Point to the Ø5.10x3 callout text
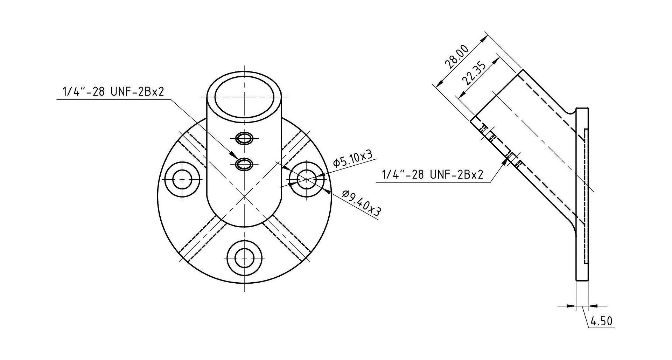click(x=352, y=159)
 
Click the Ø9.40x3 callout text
click(x=362, y=202)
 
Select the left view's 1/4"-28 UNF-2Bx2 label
click(x=113, y=92)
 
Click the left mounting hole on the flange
click(x=182, y=179)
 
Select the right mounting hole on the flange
click(x=307, y=179)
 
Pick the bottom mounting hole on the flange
click(x=244, y=260)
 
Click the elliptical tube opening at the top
click(x=244, y=97)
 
